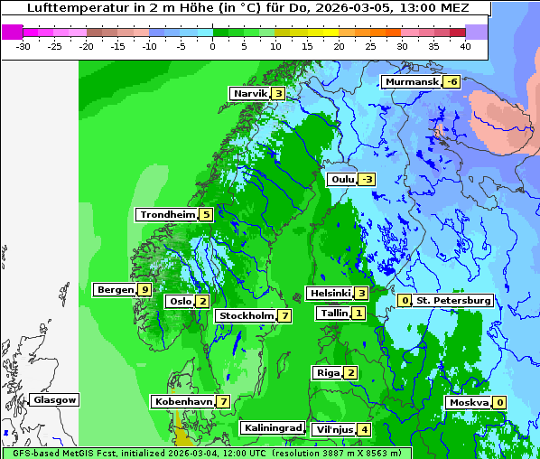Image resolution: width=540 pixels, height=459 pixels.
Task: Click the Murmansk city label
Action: [412, 82]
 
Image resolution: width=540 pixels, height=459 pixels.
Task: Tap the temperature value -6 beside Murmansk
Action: [452, 82]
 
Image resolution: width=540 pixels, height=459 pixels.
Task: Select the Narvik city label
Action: [250, 94]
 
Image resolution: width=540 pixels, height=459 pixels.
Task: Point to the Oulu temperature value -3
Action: [366, 180]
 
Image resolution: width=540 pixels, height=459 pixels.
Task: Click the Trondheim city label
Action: [168, 215]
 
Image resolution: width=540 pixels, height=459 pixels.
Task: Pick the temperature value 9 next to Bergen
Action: [144, 290]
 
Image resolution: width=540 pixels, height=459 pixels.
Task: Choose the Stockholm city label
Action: [246, 316]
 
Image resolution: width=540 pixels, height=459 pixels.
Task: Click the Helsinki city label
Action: [330, 294]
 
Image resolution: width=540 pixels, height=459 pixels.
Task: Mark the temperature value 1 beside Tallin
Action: [359, 314]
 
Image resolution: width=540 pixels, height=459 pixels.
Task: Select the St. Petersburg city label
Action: [453, 301]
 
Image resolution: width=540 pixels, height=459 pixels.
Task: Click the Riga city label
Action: [327, 373]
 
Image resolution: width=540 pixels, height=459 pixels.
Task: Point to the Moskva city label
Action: [469, 403]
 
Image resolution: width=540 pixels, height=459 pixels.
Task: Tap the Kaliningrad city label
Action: [273, 428]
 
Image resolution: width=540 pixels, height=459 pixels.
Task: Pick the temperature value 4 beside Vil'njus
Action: [364, 430]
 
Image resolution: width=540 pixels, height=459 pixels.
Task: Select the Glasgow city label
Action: [55, 400]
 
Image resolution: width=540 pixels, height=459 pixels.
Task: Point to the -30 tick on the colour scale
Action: [23, 45]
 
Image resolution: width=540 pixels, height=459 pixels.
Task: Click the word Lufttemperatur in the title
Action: [69, 7]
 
